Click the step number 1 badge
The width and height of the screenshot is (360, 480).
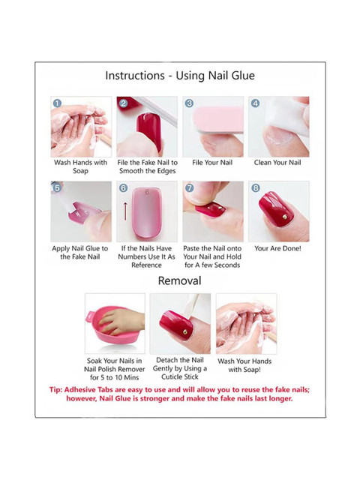57,103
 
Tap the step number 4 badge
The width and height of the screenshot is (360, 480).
255,103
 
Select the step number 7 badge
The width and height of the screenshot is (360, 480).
190,188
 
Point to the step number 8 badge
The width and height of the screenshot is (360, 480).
256,188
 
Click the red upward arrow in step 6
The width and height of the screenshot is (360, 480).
125,211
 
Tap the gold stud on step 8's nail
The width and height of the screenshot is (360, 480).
285,217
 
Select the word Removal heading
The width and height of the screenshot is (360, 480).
180,280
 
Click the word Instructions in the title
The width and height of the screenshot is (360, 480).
135,76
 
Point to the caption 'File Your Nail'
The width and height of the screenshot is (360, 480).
212,163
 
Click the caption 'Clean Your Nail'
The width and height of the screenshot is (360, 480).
277,163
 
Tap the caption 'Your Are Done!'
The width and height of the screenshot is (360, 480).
277,248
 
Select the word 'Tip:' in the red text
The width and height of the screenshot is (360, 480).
55,390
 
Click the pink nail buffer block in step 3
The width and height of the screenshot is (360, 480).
218,120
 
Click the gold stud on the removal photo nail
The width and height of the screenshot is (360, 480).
185,331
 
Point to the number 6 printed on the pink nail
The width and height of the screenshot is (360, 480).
147,192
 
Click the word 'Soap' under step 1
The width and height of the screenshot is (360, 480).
80,171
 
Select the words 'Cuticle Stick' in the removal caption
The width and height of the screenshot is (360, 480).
180,376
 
